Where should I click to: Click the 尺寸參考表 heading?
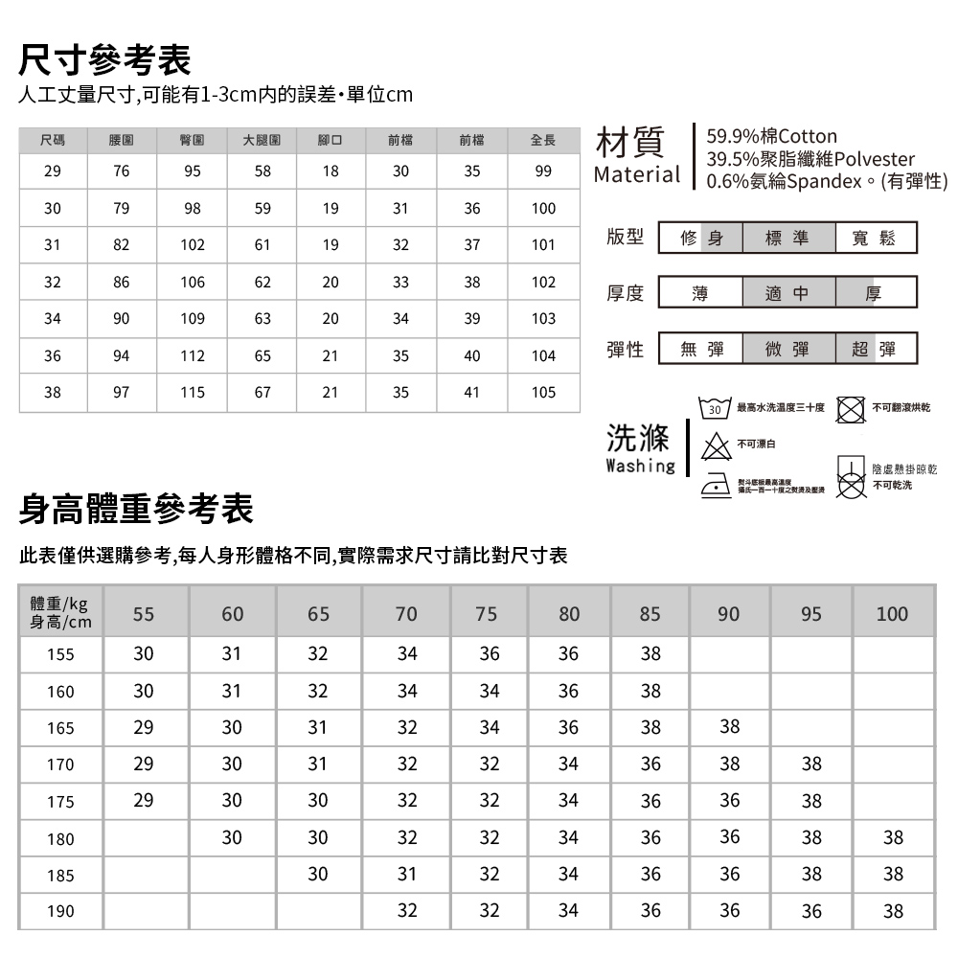tap(105, 60)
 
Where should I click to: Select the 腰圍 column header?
tap(121, 141)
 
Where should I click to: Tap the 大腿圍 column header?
tap(262, 141)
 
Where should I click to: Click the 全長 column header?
tap(543, 141)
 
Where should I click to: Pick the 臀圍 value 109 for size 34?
tap(193, 319)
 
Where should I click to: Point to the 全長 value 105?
tap(543, 393)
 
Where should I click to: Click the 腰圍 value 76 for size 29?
tap(121, 171)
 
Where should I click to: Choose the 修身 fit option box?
tap(701, 239)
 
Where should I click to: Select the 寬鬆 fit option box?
tap(874, 239)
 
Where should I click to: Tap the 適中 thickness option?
tap(787, 292)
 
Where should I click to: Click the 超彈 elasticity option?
tap(874, 349)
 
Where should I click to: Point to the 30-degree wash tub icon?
tap(714, 408)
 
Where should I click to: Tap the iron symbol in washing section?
tap(714, 484)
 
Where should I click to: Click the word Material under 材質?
tap(636, 175)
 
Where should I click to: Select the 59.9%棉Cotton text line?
tap(771, 136)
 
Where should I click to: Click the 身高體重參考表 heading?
tap(136, 510)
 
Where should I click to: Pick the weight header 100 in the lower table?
tap(892, 614)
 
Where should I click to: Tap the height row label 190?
tap(60, 912)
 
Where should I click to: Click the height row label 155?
tap(60, 655)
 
